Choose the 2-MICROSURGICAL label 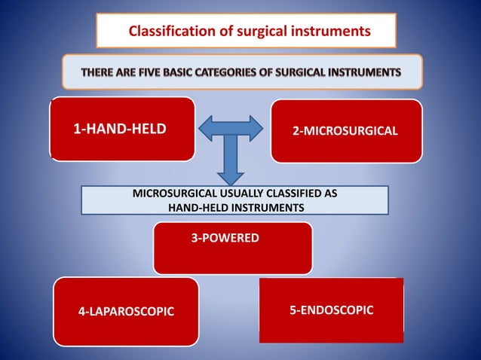pos(345,130)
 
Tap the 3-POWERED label pos(225,238)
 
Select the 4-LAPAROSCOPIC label pos(126,311)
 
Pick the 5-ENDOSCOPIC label pos(331,310)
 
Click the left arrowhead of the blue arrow pos(207,129)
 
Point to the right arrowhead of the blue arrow pos(254,129)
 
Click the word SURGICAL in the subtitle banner pos(310,72)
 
